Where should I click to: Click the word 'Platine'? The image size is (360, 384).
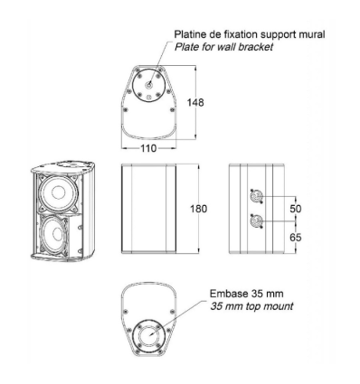(191, 35)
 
